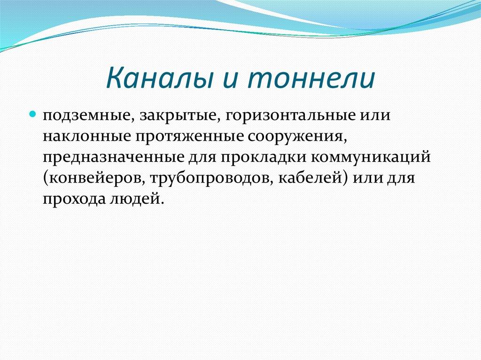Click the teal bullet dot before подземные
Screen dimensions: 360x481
pyautogui.click(x=33, y=115)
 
